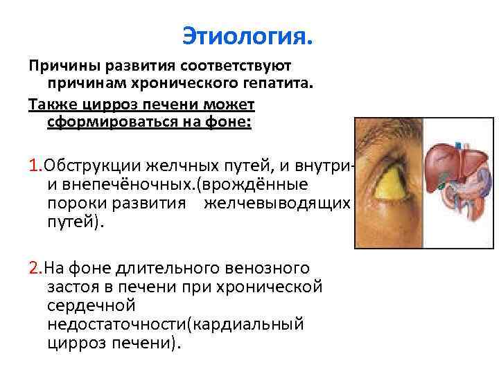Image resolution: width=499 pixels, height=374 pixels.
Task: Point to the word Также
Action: (x=52, y=105)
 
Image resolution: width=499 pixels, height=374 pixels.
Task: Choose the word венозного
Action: (x=270, y=268)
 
